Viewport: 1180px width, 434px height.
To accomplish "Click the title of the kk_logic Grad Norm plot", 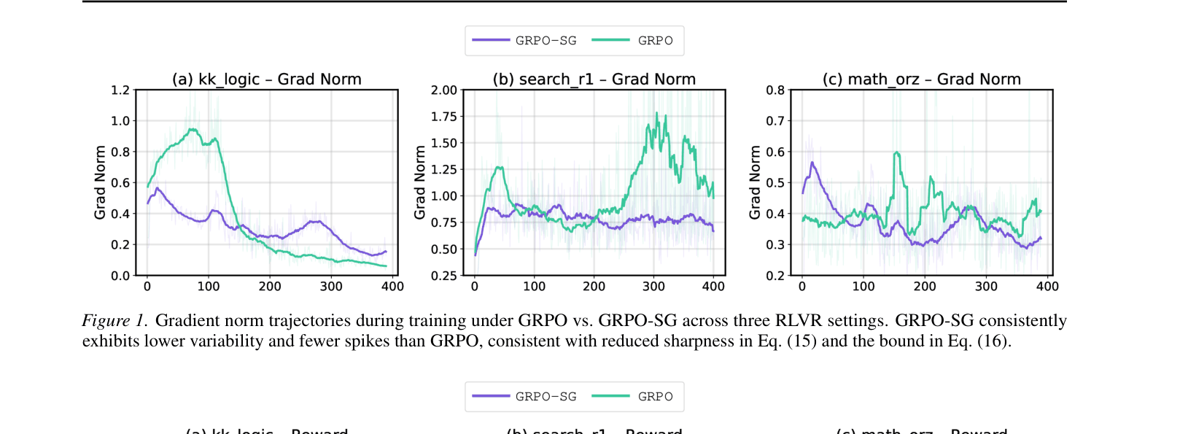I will click(x=266, y=79).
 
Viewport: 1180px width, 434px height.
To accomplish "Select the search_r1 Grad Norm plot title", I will click(x=594, y=79).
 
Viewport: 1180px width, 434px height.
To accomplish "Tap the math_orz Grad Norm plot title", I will click(x=921, y=79).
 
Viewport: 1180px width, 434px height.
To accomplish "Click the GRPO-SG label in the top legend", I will click(x=546, y=41).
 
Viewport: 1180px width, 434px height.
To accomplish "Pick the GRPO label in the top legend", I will click(x=655, y=41).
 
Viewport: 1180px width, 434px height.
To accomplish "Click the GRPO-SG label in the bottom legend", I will click(x=546, y=397).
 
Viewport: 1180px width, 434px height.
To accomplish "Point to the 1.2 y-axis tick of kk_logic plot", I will click(x=120, y=90).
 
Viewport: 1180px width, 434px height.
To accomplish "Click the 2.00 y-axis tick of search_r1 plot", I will click(x=443, y=90).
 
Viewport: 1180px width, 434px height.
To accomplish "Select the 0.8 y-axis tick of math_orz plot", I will click(x=775, y=90).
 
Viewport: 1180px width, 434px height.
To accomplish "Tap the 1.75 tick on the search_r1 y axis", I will click(x=443, y=117).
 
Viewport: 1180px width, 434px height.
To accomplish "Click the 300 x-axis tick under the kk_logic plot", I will click(x=331, y=287).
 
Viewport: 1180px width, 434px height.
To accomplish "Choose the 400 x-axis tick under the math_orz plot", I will click(x=1047, y=287).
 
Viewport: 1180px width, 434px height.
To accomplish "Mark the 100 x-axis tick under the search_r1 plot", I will click(x=535, y=287).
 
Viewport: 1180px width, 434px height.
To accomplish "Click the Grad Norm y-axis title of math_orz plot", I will click(x=755, y=182).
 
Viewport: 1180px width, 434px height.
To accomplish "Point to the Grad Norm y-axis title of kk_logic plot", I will click(x=100, y=182).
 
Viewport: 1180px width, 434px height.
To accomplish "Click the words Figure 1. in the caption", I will click(x=114, y=321).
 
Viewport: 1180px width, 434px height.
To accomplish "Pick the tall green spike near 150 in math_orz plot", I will click(x=896, y=153).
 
